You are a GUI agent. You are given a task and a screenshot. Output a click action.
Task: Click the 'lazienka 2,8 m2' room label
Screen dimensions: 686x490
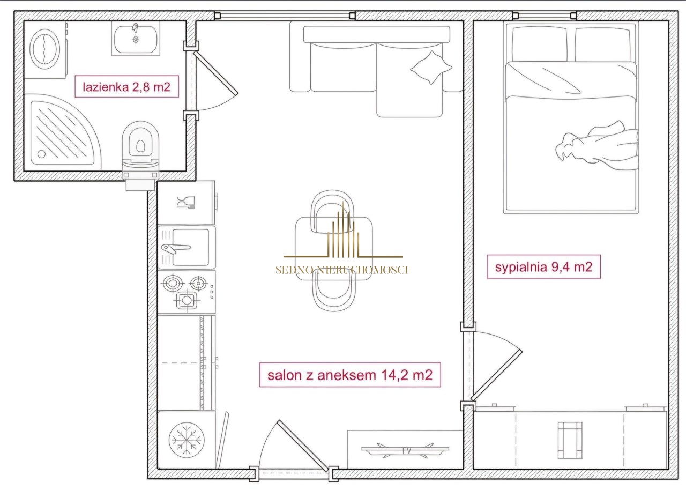[126, 87]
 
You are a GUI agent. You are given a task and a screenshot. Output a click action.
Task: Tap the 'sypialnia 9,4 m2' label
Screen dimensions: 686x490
[543, 267]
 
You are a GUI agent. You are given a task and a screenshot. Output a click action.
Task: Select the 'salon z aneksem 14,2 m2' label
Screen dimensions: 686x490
[350, 375]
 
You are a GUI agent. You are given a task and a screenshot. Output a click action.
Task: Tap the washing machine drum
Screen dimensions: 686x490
[45, 49]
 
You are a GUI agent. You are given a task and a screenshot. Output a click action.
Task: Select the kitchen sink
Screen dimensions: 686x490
[187, 248]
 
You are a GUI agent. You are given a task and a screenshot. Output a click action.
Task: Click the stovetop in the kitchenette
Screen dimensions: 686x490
[187, 292]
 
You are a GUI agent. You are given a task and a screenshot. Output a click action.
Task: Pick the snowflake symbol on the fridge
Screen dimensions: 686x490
[186, 440]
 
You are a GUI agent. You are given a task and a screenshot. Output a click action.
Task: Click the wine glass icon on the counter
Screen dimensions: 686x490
[186, 202]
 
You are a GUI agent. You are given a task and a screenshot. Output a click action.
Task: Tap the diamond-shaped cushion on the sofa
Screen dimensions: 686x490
[431, 68]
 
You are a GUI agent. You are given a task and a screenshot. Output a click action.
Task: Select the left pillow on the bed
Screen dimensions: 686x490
[539, 44]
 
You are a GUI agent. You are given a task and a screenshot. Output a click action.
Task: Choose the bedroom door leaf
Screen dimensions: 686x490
[496, 375]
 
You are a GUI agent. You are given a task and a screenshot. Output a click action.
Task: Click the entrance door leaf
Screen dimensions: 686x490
[303, 446]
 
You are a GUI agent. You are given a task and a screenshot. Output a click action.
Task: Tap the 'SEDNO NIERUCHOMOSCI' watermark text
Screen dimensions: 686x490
[342, 270]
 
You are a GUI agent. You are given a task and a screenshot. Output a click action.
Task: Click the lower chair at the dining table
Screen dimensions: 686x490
[334, 291]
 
